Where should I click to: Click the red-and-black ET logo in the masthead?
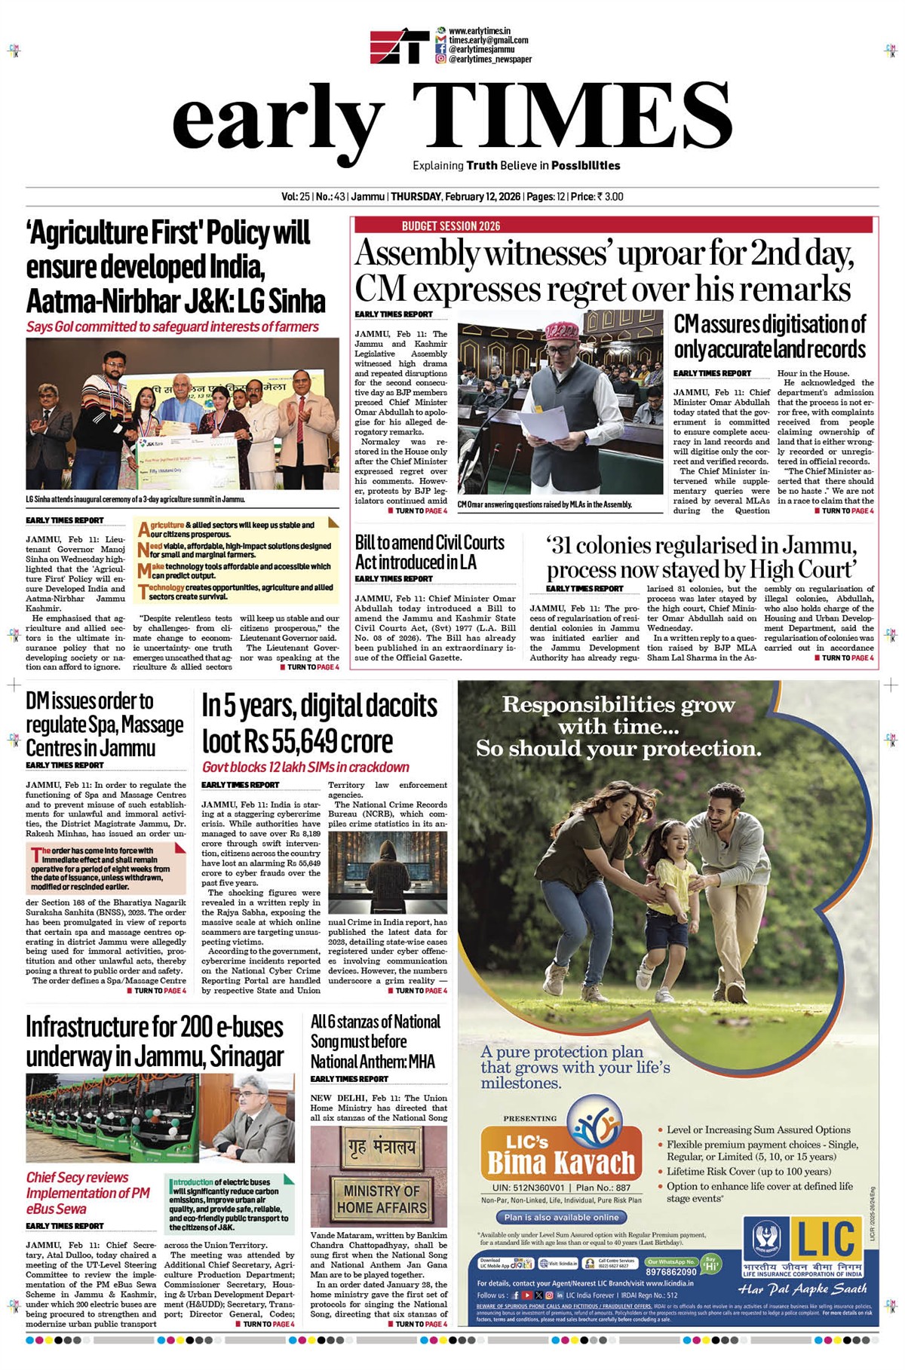pos(399,47)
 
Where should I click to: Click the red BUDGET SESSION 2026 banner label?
pos(451,225)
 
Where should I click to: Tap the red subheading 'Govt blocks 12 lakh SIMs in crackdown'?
pos(305,767)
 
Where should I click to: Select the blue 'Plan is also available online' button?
pos(561,1217)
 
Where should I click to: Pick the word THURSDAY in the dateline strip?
pos(416,197)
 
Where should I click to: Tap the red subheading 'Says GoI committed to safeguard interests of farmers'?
pos(173,327)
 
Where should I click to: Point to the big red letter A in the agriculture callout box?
pos(143,530)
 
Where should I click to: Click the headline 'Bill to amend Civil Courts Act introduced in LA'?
pos(430,552)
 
